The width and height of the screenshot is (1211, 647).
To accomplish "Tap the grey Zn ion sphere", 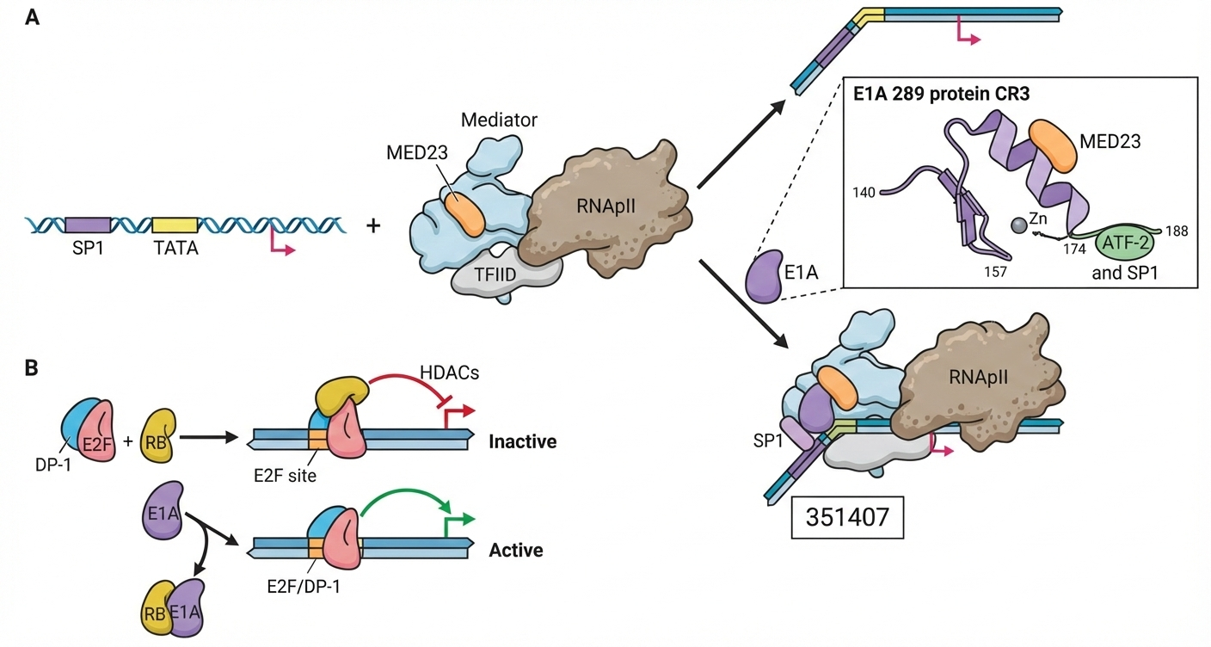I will [x=1018, y=226].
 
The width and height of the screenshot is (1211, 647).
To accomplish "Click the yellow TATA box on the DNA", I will [x=175, y=225].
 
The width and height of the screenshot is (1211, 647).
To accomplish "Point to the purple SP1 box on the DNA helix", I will [x=88, y=225].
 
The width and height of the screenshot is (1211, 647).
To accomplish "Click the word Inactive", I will [x=523, y=441].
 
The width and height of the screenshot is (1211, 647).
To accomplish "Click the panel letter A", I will [x=32, y=17].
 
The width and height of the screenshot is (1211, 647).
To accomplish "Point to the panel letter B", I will [x=31, y=367].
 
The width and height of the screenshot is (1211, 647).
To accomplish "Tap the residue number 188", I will [x=1175, y=231].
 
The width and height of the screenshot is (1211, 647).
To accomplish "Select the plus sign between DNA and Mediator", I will [x=373, y=226].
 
